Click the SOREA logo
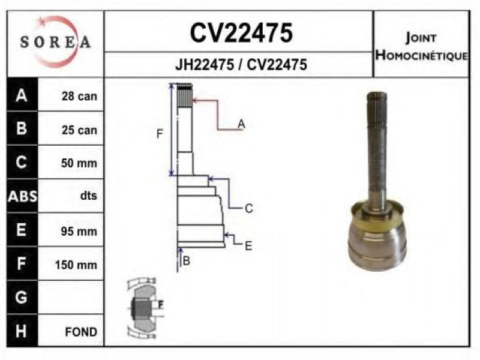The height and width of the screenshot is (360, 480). click(55, 42)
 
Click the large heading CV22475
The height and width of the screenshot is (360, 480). click(241, 33)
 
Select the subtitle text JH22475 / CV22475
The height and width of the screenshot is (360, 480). click(241, 65)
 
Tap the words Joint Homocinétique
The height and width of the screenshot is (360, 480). click(422, 47)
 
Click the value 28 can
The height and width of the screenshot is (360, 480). click(79, 96)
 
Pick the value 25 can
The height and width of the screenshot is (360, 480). click(79, 130)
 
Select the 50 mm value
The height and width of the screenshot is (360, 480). click(79, 163)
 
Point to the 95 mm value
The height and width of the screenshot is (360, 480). click(79, 231)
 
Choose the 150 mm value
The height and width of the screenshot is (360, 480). click(76, 265)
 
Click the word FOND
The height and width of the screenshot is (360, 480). click(81, 332)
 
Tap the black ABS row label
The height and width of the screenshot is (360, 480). click(22, 196)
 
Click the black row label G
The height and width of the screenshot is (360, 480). click(22, 297)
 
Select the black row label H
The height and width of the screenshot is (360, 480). click(22, 331)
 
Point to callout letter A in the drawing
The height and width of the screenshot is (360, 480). click(241, 124)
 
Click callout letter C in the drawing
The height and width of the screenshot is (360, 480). click(249, 208)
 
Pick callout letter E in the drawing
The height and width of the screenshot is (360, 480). click(248, 246)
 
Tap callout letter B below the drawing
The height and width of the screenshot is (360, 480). click(187, 261)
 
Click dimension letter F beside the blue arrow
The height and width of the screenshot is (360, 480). click(160, 134)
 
